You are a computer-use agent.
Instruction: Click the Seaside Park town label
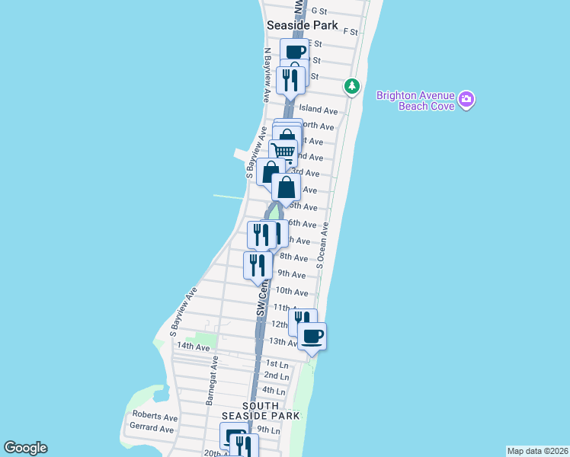point(302,25)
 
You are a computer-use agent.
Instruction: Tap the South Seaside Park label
point(261,411)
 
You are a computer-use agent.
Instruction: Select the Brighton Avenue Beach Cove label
point(416,101)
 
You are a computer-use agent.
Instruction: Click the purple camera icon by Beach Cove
point(466,99)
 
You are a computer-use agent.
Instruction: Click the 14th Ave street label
point(193,347)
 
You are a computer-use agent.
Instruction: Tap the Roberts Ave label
point(155,417)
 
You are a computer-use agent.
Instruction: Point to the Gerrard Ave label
point(153,429)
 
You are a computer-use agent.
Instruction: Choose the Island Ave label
point(318,110)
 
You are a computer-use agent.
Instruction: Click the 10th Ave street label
point(292,291)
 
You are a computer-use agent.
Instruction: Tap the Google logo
point(25,448)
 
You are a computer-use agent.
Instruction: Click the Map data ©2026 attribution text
point(537,451)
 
